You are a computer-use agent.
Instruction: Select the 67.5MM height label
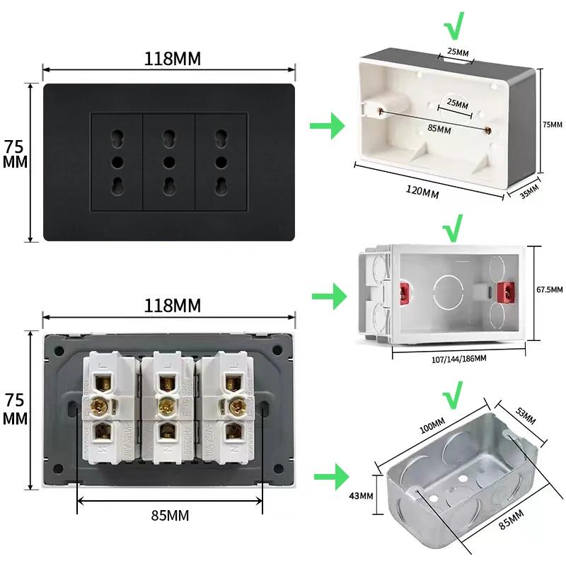[x=550, y=290]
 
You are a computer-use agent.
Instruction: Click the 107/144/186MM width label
[x=458, y=359]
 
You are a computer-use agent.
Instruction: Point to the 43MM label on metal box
[x=361, y=496]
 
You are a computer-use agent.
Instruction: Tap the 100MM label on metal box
[x=432, y=427]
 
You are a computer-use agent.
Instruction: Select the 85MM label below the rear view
[x=170, y=516]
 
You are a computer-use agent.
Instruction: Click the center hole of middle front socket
[x=169, y=162]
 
